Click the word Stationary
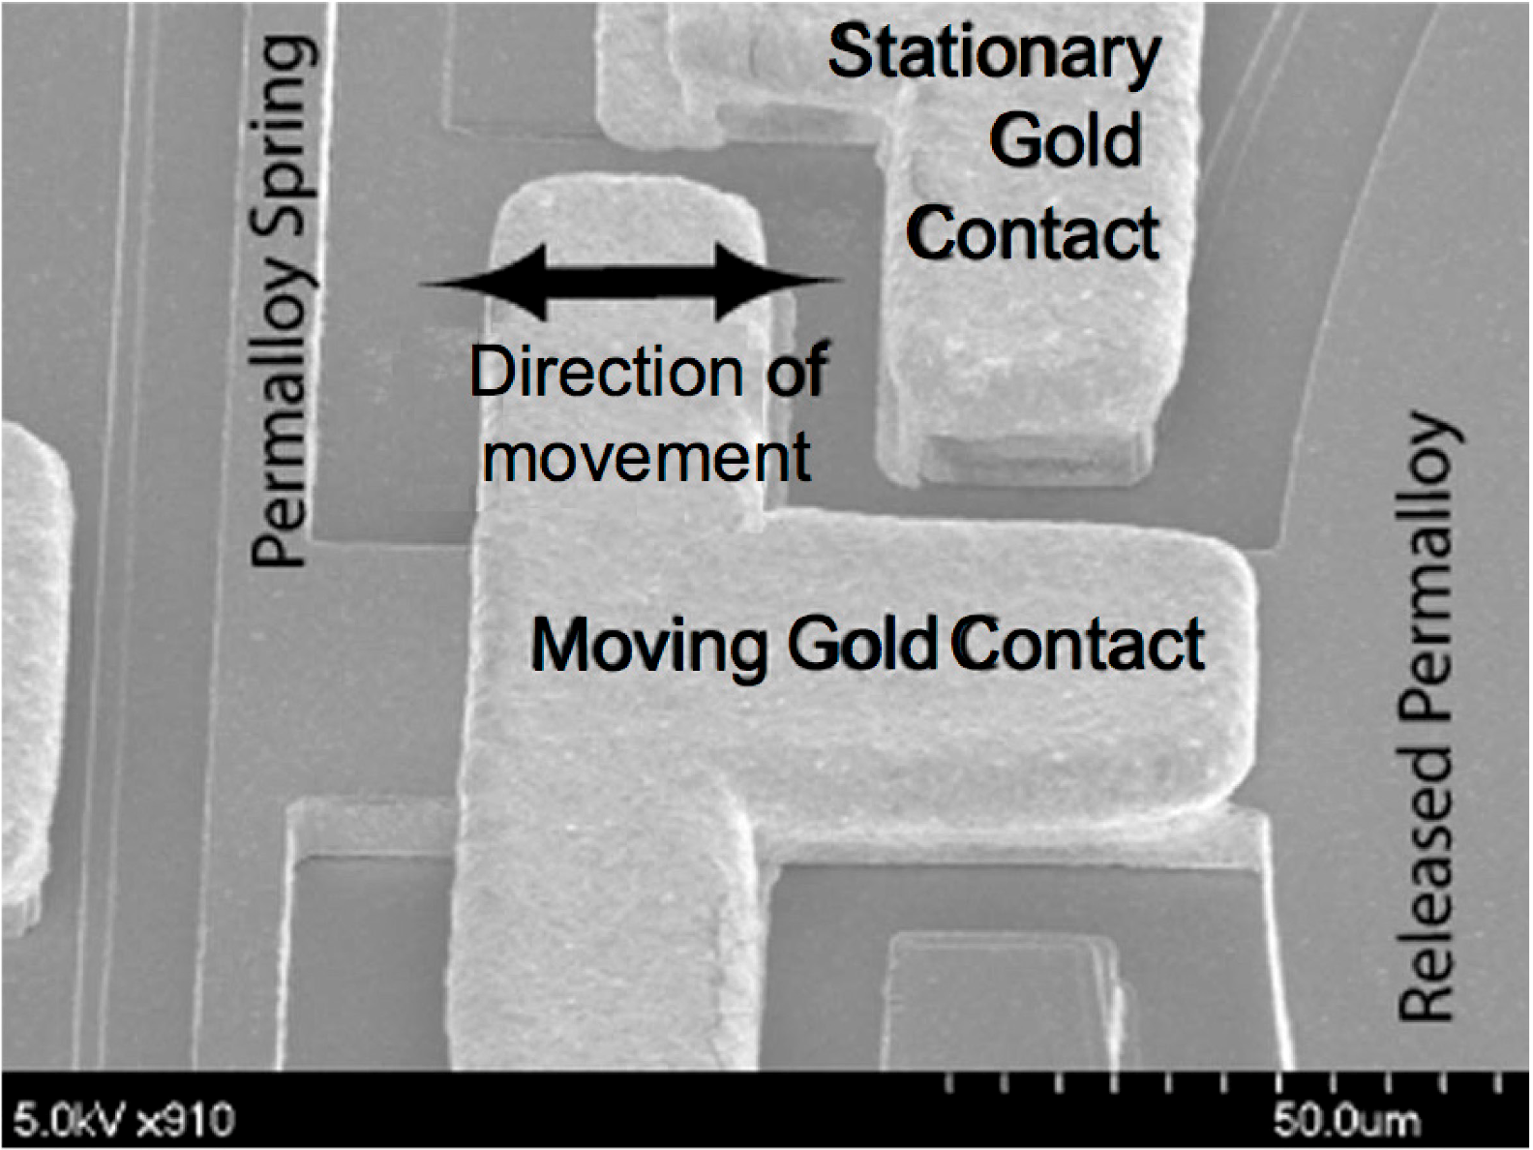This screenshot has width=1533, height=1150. pyautogui.click(x=994, y=55)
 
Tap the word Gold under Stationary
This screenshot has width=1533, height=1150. pyautogui.click(x=1065, y=141)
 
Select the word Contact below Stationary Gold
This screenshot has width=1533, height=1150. pyautogui.click(x=1033, y=233)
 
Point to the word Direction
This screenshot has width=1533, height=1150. pyautogui.click(x=606, y=372)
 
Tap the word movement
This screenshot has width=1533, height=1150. pyautogui.click(x=646, y=457)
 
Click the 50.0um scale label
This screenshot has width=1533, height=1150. pyautogui.click(x=1346, y=1122)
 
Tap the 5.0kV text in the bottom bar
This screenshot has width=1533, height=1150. pyautogui.click(x=68, y=1122)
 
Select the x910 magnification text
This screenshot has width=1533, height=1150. pyautogui.click(x=186, y=1122)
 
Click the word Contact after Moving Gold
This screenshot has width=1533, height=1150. pyautogui.click(x=1079, y=644)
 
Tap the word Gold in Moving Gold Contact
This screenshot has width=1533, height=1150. pyautogui.click(x=861, y=644)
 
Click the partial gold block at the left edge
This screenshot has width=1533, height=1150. pyautogui.click(x=34, y=678)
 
